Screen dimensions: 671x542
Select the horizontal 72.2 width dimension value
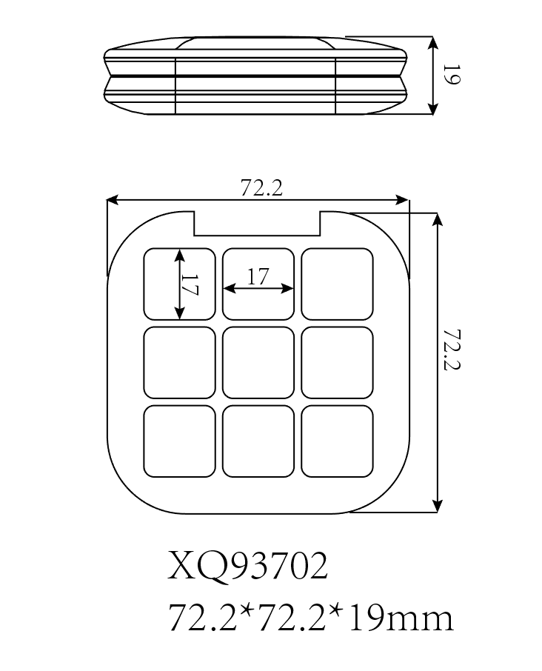(261, 189)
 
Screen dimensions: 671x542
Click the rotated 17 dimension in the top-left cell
(190, 285)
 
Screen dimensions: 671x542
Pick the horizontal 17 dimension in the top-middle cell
(257, 277)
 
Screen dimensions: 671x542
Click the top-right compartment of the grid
(337, 284)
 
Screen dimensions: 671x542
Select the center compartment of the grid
(258, 362)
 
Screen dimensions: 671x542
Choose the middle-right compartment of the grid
(337, 362)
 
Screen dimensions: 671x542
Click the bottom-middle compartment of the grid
(258, 441)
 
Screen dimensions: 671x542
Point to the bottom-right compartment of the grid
(337, 441)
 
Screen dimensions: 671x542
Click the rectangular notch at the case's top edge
(257, 223)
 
